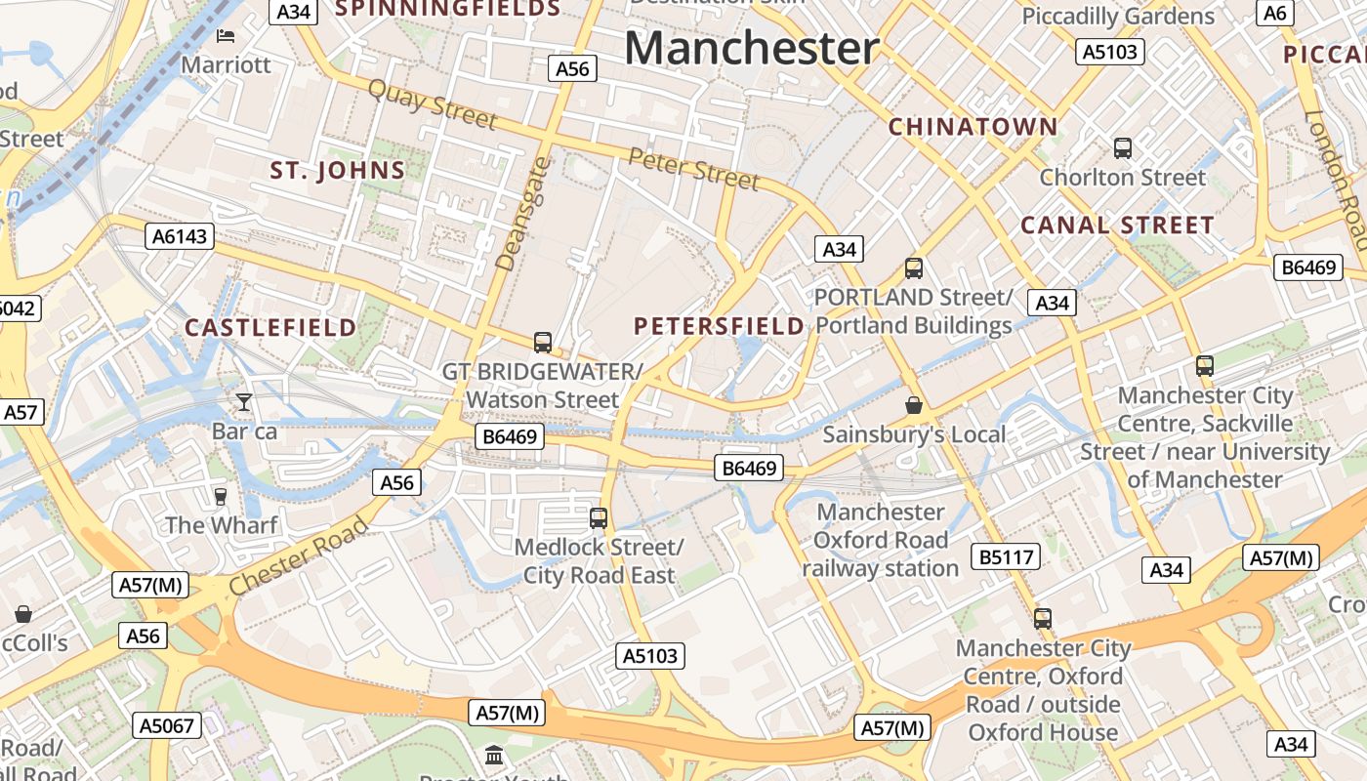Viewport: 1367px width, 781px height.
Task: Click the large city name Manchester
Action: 752,48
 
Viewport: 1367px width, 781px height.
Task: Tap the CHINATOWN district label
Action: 973,126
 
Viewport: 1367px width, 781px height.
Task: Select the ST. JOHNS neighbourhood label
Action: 338,171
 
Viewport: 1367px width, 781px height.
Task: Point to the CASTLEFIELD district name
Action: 271,327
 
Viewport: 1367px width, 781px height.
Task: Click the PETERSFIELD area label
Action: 720,326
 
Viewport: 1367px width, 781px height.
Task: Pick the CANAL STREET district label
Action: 1117,226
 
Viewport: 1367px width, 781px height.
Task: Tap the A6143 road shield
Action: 181,235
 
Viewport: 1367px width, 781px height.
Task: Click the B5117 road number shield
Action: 1006,557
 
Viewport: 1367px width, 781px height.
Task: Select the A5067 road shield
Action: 167,725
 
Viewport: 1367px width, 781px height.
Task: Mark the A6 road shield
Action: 1275,13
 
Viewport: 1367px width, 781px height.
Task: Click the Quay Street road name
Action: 432,103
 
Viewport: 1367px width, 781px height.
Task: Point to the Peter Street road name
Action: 693,169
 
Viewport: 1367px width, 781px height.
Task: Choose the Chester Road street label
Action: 300,555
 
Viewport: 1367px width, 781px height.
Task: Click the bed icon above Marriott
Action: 226,37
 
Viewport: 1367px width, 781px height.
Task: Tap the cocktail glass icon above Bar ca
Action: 243,401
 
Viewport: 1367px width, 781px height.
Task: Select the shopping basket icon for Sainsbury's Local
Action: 914,404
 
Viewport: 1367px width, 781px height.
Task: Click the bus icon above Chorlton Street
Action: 1123,148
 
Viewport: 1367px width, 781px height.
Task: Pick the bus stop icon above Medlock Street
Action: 599,517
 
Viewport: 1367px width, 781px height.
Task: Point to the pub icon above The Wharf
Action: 221,496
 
